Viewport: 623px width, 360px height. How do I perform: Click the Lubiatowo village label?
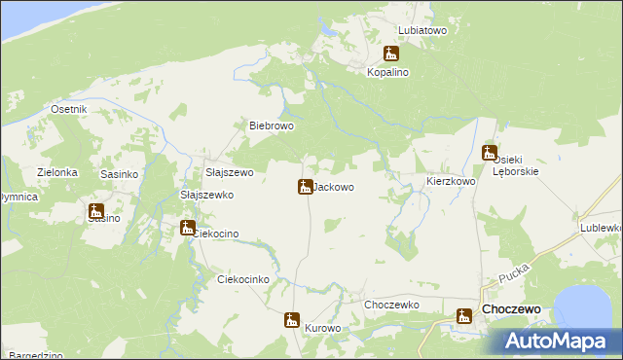point(422,30)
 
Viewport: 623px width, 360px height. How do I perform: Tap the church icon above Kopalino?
point(391,54)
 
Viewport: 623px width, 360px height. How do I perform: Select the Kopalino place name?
point(389,72)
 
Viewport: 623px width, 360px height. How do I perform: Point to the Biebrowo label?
point(272,126)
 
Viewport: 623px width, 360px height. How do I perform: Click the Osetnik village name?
point(69,109)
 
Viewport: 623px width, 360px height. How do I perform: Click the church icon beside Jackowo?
point(305,186)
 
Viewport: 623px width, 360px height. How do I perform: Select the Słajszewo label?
point(229,172)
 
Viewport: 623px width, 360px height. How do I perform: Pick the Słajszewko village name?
point(207,195)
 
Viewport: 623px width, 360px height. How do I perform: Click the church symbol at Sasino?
point(96,210)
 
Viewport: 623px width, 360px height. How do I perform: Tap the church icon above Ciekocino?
point(187,228)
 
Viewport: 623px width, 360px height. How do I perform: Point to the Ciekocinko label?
point(242,279)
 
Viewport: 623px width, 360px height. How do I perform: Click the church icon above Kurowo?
point(291,319)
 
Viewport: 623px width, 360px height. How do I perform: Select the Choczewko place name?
point(391,305)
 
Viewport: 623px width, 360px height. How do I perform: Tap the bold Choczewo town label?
point(511,310)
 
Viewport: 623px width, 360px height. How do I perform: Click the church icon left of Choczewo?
point(464,313)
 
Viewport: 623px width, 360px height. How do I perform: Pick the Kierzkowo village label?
point(451,181)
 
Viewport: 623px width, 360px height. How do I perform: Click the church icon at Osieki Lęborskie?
point(490,153)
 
